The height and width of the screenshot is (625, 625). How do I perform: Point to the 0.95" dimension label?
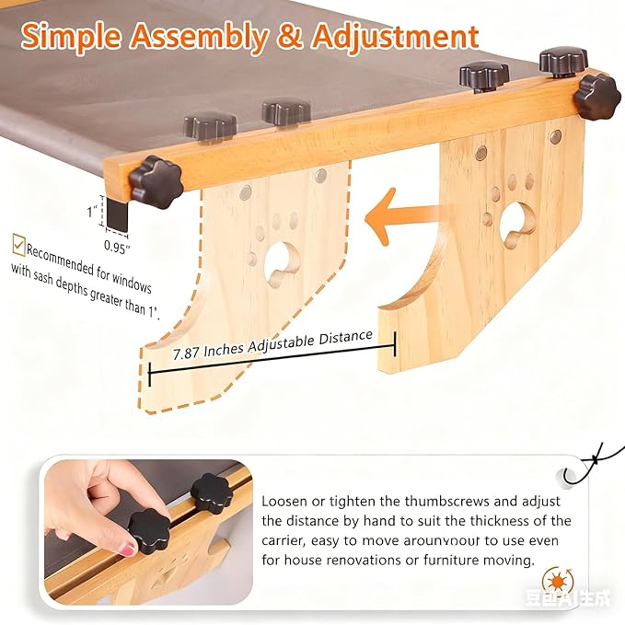coord(116,245)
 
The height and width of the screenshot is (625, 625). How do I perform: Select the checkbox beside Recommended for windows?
coord(18,245)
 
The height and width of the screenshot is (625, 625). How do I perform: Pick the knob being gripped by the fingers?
coord(148,528)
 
